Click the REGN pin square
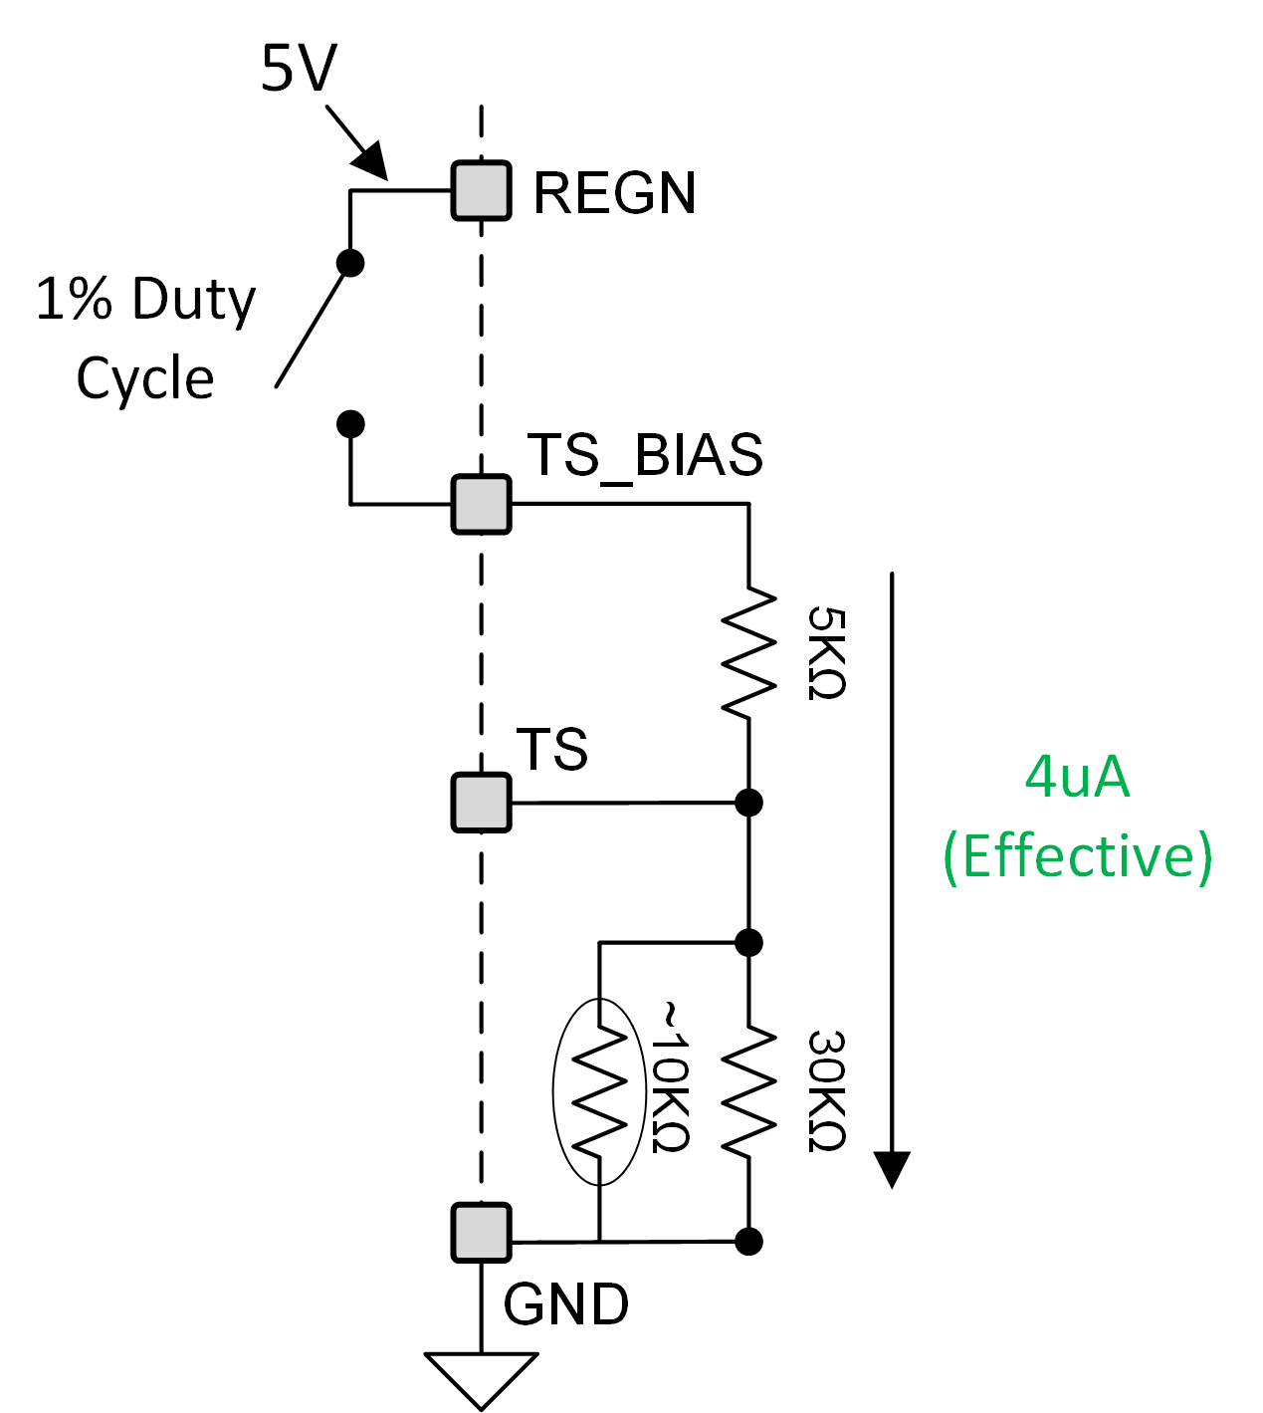(x=481, y=190)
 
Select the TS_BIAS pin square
(x=481, y=505)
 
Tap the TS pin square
(x=481, y=802)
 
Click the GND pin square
(x=481, y=1233)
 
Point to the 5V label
(x=299, y=69)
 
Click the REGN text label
(x=614, y=193)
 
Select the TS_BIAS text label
(x=645, y=456)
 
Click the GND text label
(x=565, y=1304)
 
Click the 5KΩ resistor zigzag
(x=748, y=652)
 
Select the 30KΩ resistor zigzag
(x=748, y=1091)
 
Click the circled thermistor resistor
(x=599, y=1091)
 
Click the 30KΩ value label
(x=826, y=1091)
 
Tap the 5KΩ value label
(x=826, y=653)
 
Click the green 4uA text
(x=1077, y=777)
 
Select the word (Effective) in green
(x=1077, y=855)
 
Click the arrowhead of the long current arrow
(x=892, y=1168)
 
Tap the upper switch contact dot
(x=350, y=263)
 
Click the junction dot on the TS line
(x=748, y=802)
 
